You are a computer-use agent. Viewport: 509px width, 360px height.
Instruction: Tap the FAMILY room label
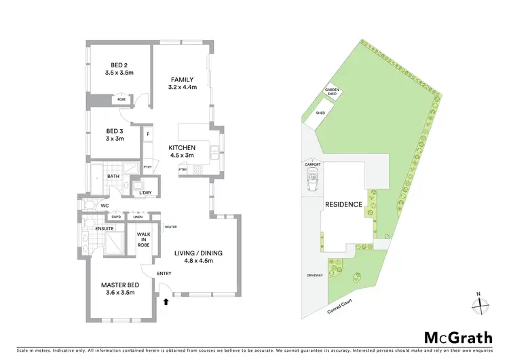pos(183,79)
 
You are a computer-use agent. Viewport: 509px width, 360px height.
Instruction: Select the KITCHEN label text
pos(183,147)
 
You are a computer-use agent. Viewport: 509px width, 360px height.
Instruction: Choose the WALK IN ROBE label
pos(144,239)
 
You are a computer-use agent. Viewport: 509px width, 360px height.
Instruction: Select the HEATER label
pos(170,226)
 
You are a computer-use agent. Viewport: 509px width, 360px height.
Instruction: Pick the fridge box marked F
pos(147,134)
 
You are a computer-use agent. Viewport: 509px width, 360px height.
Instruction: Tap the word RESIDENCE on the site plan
pos(343,204)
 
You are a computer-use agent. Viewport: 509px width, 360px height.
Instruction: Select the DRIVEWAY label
pos(314,277)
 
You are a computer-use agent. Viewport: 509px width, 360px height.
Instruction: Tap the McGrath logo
pos(459,337)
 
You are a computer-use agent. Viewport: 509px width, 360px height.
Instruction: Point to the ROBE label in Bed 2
pos(121,99)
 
